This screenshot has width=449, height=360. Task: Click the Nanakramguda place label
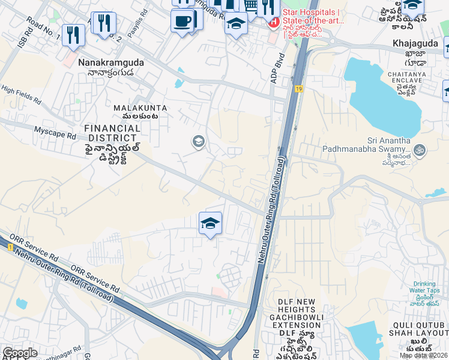(106, 61)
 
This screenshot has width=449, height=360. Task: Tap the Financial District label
(113, 128)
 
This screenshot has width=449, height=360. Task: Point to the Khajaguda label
(412, 44)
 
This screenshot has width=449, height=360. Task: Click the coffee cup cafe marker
(182, 21)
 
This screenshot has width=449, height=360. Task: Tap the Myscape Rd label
(55, 130)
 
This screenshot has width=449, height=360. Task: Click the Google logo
(20, 353)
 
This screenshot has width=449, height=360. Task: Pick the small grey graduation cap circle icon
(197, 142)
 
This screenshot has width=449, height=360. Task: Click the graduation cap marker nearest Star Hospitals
(237, 24)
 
